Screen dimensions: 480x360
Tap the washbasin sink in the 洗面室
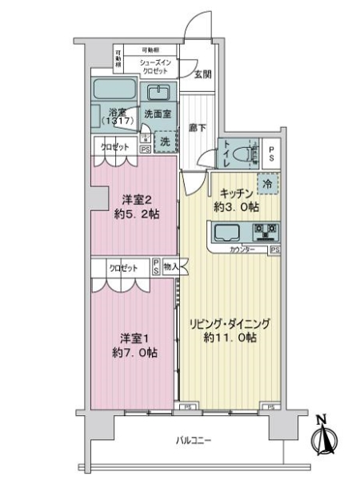(160, 90)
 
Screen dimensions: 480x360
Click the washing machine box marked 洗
(164, 140)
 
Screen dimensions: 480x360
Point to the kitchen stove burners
(264, 233)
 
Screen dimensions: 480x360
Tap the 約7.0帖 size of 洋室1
(130, 352)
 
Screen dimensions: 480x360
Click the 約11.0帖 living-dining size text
(229, 338)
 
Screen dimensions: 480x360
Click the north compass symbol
(324, 439)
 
